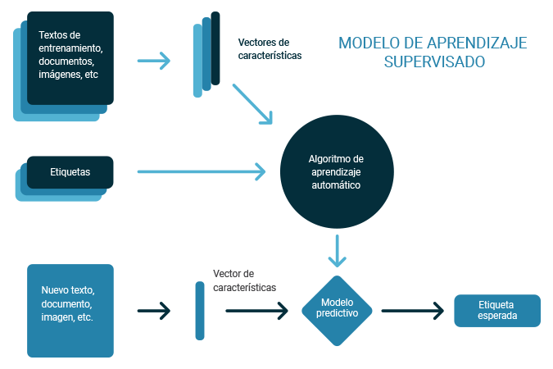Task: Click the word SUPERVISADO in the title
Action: tap(433, 61)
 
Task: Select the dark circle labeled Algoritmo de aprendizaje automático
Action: tap(335, 172)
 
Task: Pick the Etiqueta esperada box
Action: tap(497, 311)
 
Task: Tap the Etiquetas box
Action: tap(70, 172)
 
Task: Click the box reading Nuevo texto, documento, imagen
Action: tap(70, 310)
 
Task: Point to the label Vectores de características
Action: tap(270, 49)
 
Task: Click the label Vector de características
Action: tap(244, 280)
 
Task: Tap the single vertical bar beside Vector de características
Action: tap(200, 311)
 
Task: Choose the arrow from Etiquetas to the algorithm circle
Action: tap(202, 171)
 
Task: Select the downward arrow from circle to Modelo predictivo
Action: tap(337, 251)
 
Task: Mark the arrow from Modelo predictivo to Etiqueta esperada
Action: tap(412, 311)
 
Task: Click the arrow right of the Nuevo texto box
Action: tap(153, 311)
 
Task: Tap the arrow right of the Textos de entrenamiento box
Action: tap(153, 60)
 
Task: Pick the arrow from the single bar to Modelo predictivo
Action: tap(257, 311)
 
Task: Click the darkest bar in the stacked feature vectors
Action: tap(215, 48)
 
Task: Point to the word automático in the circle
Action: tap(335, 185)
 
